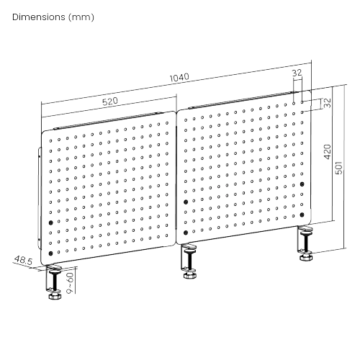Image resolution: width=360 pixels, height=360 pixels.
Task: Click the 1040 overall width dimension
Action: click(x=179, y=77)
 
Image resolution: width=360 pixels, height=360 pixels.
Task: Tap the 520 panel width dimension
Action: click(x=110, y=102)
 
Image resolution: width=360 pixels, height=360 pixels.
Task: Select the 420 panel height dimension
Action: click(x=328, y=152)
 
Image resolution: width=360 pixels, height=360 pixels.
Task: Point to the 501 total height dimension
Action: click(x=338, y=168)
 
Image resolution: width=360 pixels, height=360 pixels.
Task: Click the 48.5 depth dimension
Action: click(x=23, y=260)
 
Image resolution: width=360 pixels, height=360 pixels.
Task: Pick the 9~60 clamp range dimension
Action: click(x=70, y=283)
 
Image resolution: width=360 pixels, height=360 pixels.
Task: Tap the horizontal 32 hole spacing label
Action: click(x=297, y=73)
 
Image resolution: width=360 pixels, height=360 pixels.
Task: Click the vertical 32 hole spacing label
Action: click(x=327, y=103)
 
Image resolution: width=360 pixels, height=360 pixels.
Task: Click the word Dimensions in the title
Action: click(x=39, y=17)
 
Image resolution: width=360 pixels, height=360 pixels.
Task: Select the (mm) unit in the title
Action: click(x=81, y=17)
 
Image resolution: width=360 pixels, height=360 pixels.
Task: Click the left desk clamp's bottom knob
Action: click(x=55, y=295)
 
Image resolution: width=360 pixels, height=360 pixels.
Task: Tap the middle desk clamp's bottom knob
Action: click(x=190, y=275)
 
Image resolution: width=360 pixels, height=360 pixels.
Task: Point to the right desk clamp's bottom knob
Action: click(x=306, y=257)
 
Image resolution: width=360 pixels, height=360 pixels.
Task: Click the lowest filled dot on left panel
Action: click(x=50, y=253)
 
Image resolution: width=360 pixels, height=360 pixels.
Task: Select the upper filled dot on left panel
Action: click(x=50, y=223)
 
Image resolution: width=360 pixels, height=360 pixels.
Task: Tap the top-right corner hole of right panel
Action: click(x=302, y=102)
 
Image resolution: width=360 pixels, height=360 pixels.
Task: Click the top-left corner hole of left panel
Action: click(x=50, y=141)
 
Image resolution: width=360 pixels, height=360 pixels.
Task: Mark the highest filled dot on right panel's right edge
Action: click(x=302, y=184)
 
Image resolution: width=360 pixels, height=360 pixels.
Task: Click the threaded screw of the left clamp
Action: click(x=55, y=282)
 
